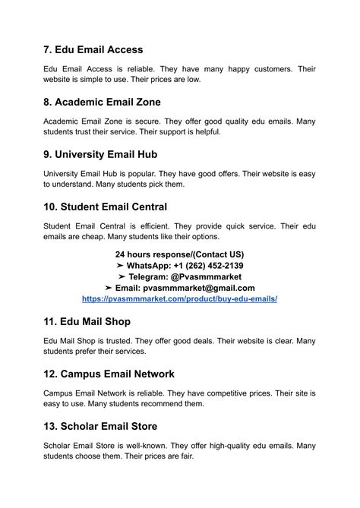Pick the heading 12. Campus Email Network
(x=109, y=374)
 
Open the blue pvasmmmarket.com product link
(x=179, y=299)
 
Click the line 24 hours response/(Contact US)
(x=179, y=254)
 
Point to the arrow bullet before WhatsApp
(x=120, y=265)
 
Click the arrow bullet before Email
(x=109, y=288)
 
